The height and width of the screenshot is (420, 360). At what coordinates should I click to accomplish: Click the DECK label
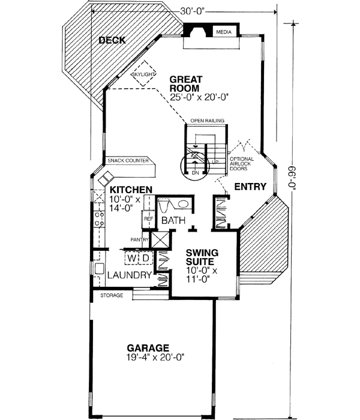pos(112,41)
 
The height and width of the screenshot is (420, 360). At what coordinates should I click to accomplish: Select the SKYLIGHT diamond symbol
pos(145,73)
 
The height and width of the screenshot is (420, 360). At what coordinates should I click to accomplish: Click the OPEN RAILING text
pos(207,121)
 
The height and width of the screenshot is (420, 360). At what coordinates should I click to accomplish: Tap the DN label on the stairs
pos(196,173)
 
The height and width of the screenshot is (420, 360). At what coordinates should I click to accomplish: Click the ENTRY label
pos(250,187)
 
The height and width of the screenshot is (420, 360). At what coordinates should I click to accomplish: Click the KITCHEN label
pos(131,190)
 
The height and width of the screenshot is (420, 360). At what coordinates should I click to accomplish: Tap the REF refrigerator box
pos(148,219)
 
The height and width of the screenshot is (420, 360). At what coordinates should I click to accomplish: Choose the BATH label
pos(173,221)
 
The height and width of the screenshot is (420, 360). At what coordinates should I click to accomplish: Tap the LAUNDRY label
pos(130,275)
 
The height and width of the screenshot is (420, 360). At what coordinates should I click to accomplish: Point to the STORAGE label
pos(112,295)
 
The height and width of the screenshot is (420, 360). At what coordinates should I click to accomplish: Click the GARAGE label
pos(148,347)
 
